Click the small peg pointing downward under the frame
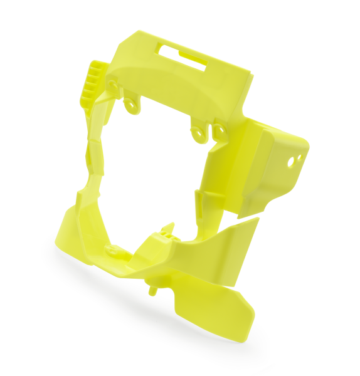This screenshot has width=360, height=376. pos(152,290)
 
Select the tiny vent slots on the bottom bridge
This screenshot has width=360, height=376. pos(164,236)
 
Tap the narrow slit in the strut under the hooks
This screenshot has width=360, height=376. pos(199,201)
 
